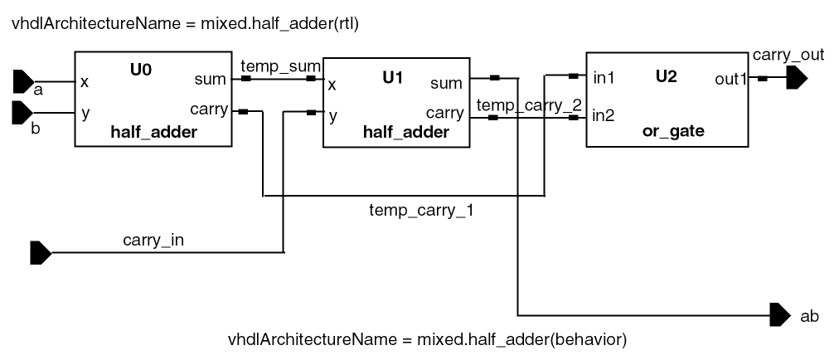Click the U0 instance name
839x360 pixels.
[141, 70]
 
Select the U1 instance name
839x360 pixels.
[393, 78]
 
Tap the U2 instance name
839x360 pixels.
[666, 77]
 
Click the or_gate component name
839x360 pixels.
[672, 131]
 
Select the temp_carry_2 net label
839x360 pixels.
[529, 105]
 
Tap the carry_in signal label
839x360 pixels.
[153, 241]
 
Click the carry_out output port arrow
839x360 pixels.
[797, 79]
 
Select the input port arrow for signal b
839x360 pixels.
[22, 113]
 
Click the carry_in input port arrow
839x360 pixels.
[40, 252]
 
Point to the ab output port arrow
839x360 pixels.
[779, 315]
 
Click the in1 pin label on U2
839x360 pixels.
[604, 80]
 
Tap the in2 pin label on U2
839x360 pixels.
[604, 115]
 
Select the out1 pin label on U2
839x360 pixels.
[730, 80]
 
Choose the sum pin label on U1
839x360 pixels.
[447, 83]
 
